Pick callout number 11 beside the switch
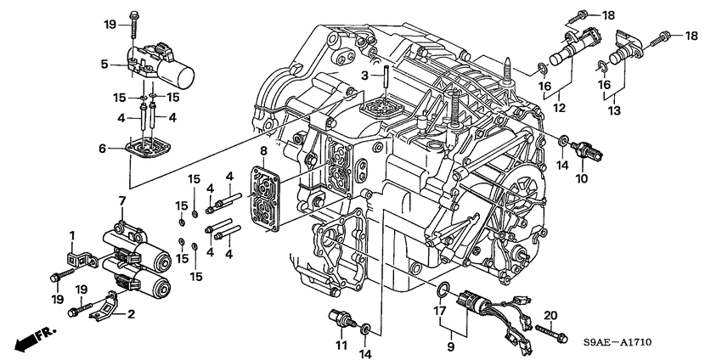tap(340, 347)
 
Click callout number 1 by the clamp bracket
tap(73, 235)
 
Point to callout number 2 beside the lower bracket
tap(131, 314)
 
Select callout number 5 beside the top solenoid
tap(104, 63)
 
